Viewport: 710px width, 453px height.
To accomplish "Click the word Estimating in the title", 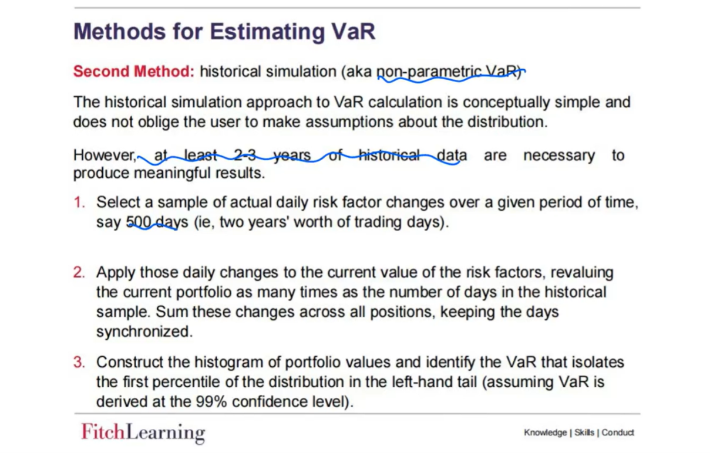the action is click(267, 32).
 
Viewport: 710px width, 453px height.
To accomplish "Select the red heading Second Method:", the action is click(134, 71).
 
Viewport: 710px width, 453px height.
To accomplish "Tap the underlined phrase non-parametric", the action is click(429, 72).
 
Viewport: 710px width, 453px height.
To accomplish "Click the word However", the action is click(105, 155).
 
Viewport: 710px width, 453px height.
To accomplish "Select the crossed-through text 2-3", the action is click(245, 155).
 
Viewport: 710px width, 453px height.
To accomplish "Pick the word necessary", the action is click(559, 156).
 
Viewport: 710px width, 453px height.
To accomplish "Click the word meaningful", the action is click(172, 173).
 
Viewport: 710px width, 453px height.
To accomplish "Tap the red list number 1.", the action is click(79, 202).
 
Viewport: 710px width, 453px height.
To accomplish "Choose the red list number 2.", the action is click(79, 272).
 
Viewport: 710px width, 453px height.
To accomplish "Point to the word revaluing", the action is click(582, 273).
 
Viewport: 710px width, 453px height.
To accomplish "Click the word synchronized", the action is click(144, 332).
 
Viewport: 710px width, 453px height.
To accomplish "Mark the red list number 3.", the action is click(79, 362).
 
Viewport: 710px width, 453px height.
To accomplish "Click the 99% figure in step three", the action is click(211, 402).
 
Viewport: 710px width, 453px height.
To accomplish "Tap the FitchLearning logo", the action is click(143, 432).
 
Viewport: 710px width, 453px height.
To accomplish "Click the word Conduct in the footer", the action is click(618, 432).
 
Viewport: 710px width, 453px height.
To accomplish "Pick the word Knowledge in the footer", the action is click(545, 432).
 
